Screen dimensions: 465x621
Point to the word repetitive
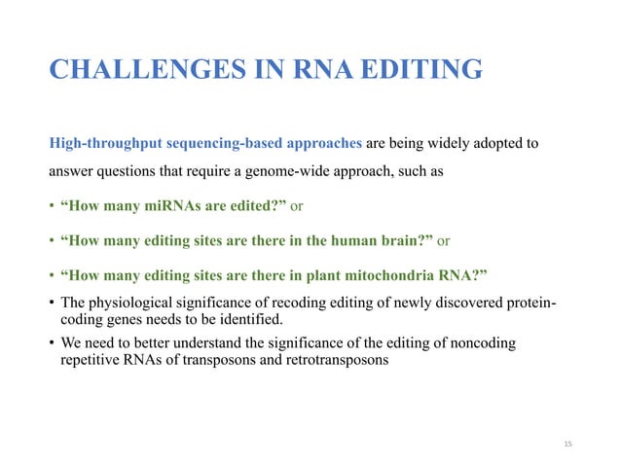coord(92,358)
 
